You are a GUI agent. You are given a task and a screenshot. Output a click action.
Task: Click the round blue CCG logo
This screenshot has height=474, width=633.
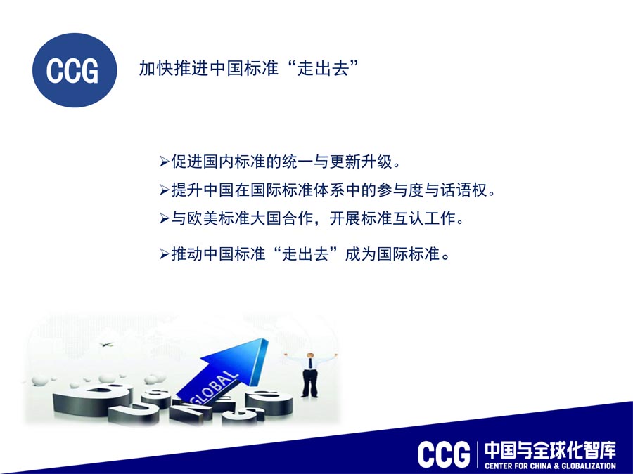click(75, 70)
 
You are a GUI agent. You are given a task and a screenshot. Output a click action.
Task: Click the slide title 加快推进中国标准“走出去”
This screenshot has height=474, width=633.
click(249, 67)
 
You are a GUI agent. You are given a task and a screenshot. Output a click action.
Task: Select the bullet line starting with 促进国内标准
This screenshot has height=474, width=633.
click(280, 162)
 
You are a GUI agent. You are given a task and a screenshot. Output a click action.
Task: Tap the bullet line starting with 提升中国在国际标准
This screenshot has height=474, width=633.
click(327, 190)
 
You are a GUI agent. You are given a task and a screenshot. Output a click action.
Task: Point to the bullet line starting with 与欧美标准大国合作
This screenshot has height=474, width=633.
click(312, 218)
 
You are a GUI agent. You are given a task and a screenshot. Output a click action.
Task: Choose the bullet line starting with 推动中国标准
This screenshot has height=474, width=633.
click(305, 254)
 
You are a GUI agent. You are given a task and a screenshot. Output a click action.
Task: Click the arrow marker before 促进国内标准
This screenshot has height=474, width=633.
click(165, 162)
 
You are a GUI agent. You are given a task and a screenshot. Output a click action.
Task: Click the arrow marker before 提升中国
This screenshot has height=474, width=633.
click(165, 190)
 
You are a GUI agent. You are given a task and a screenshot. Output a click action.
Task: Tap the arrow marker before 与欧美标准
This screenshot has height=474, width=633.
click(165, 219)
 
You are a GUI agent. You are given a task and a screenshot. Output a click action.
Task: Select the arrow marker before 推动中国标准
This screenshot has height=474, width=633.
click(165, 254)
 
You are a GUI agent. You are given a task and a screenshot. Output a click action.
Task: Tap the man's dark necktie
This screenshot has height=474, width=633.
click(310, 363)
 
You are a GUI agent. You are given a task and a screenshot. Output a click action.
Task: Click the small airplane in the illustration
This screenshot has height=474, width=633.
click(107, 345)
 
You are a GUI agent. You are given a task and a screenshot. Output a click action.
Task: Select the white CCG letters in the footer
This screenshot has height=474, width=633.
click(444, 454)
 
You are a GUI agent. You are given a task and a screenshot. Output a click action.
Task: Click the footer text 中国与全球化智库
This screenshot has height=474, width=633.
click(550, 450)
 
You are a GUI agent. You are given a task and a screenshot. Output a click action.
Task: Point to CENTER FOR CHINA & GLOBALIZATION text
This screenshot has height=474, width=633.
click(550, 466)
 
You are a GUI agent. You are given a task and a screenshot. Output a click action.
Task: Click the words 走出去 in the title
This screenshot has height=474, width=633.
click(323, 67)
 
